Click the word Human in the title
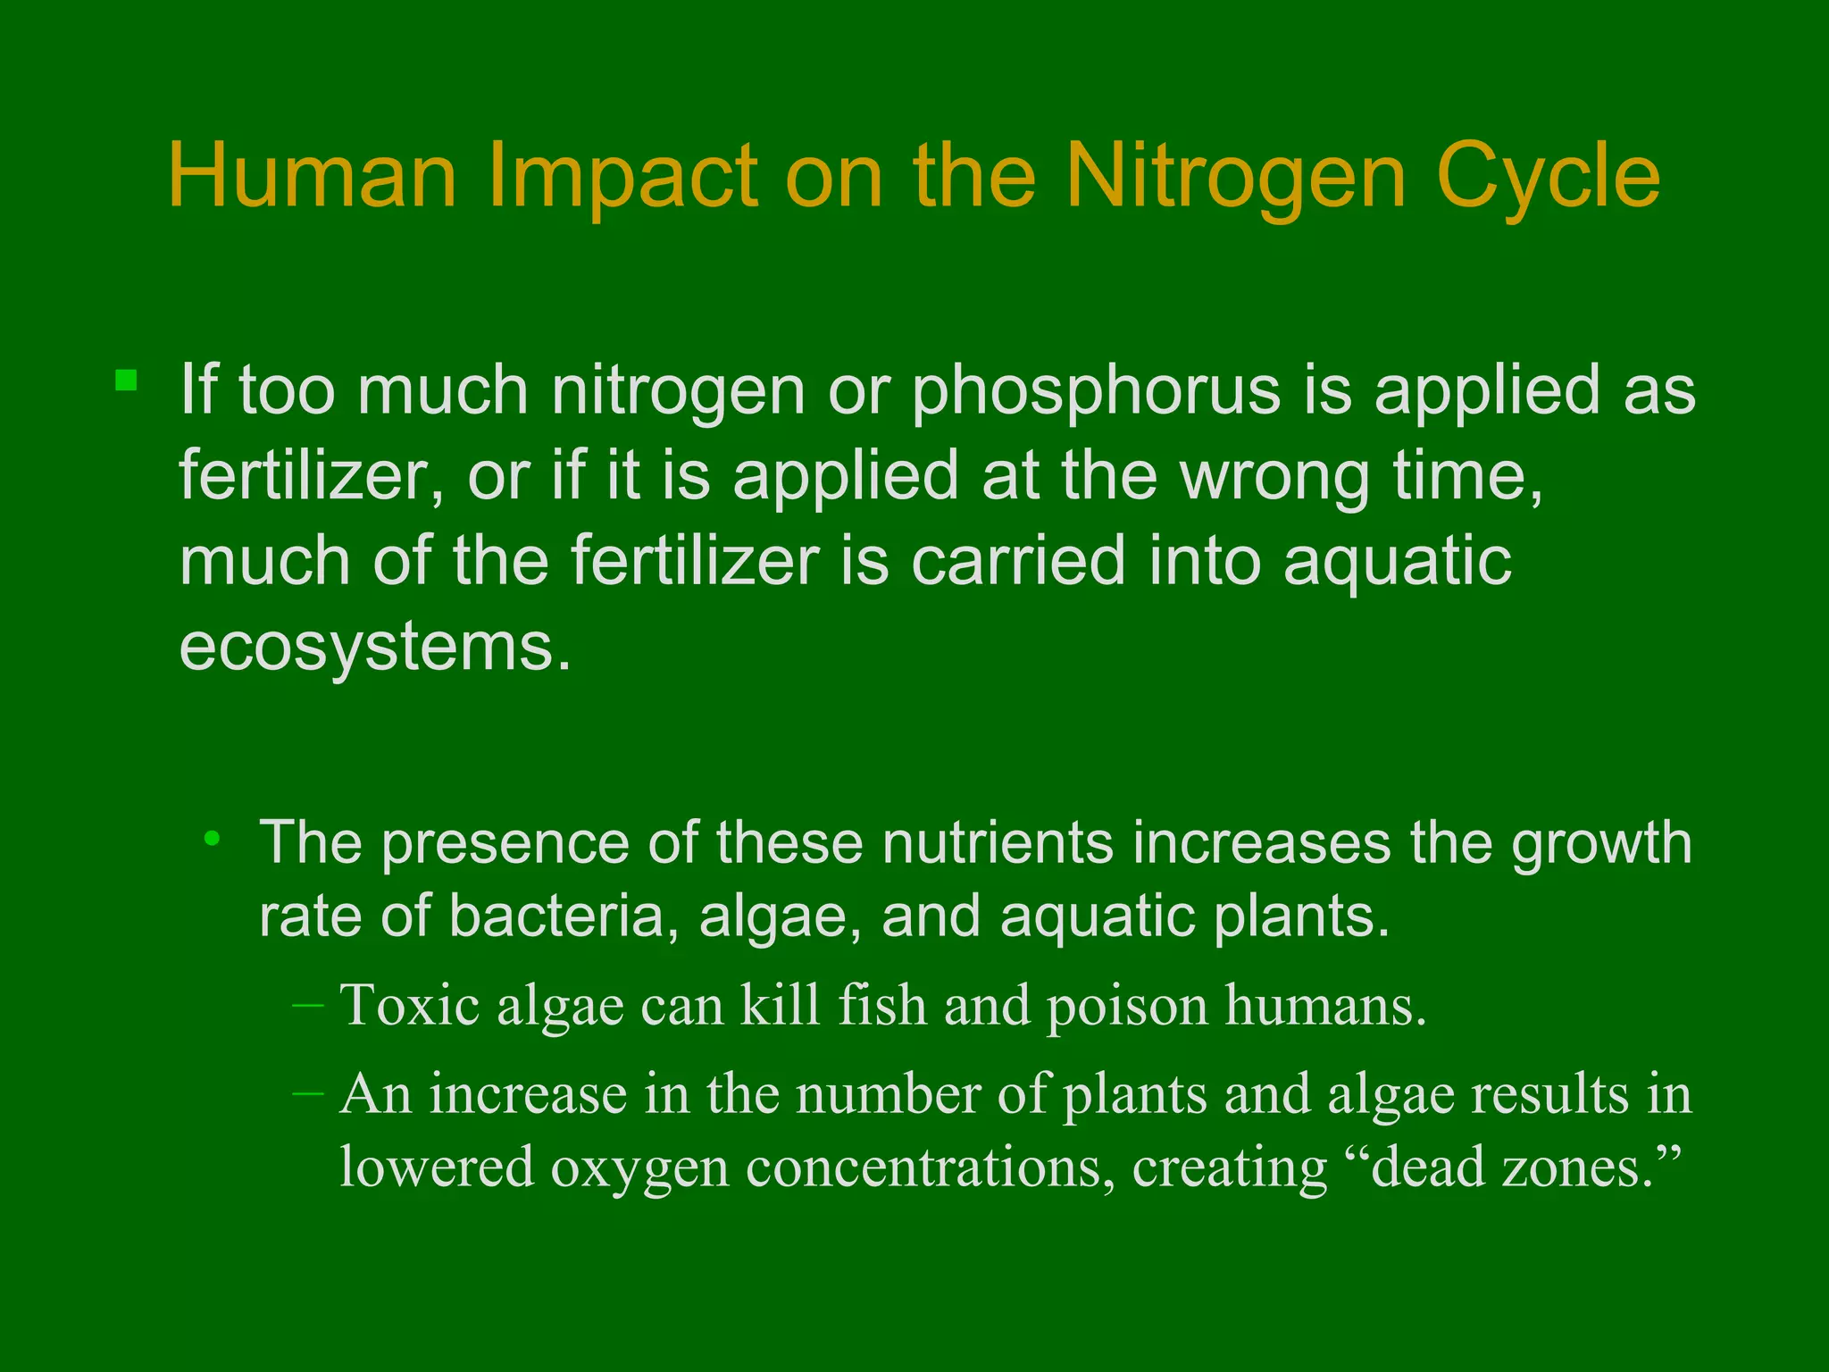click(313, 176)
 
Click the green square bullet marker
click(126, 381)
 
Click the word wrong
click(1275, 475)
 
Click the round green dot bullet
click(212, 838)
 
